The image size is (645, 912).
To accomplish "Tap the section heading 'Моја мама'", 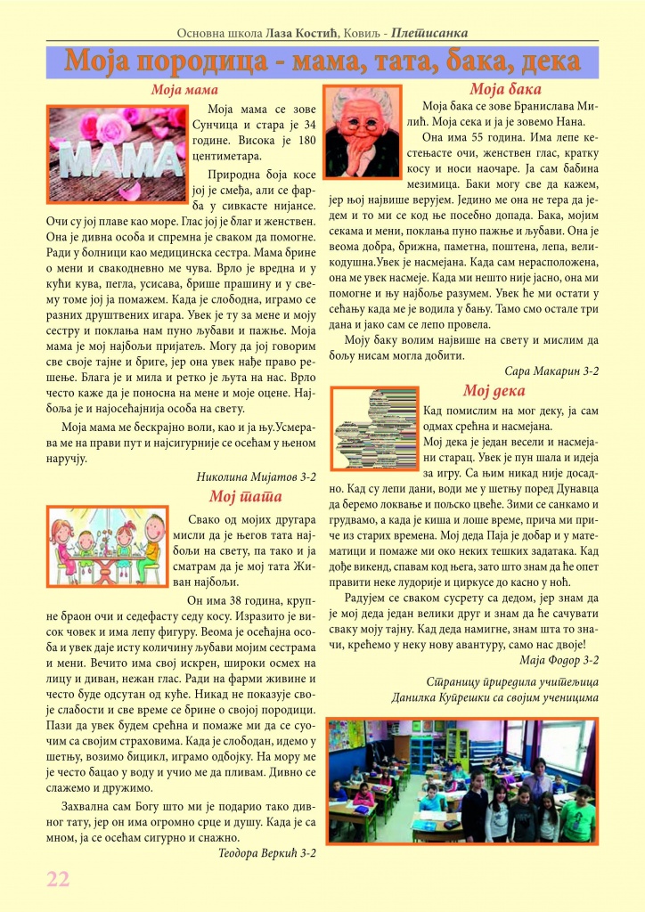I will tap(184, 90).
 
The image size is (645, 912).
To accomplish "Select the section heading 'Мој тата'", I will tap(245, 496).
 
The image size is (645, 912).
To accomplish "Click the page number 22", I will tap(58, 877).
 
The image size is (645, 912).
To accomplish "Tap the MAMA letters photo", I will tap(116, 148).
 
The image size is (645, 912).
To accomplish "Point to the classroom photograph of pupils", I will tap(462, 781).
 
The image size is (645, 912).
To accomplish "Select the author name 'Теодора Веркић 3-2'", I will tap(266, 852).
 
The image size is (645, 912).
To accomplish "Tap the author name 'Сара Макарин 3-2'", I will tap(551, 369).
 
